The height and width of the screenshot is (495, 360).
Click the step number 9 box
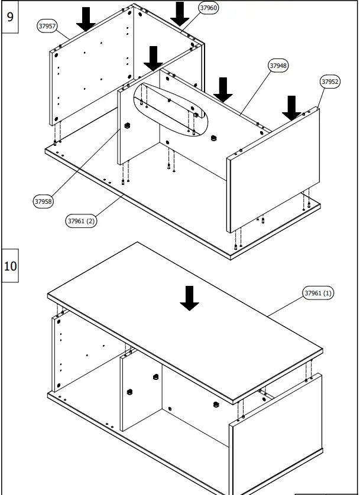[10, 17]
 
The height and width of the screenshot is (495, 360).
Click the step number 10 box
[10, 266]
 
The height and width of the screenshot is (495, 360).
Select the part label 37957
[47, 27]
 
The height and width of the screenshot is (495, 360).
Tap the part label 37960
[208, 8]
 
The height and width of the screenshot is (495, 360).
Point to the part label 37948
[278, 66]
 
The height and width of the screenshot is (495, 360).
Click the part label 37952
[330, 82]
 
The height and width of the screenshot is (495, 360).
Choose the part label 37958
[43, 201]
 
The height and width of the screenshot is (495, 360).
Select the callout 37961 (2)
[82, 221]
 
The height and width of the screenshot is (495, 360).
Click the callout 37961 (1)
[319, 292]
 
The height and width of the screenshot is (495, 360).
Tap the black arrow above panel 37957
[86, 18]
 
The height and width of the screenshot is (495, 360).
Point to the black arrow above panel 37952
[290, 107]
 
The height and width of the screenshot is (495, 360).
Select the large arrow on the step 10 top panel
[189, 298]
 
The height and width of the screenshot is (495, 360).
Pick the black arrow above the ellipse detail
[154, 58]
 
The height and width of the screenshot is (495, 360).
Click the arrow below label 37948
[223, 89]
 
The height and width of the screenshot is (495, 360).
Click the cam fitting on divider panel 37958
[127, 126]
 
